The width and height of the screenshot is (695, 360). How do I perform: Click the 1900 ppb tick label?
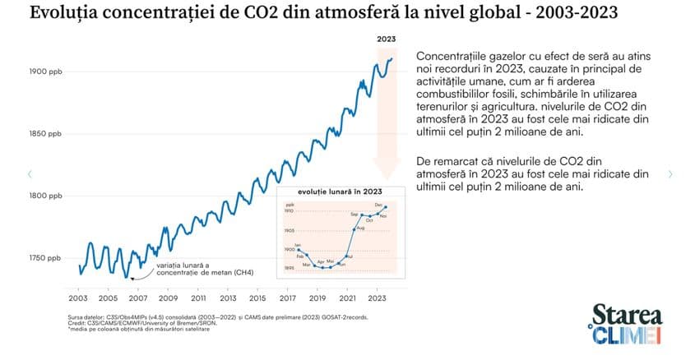pyautogui.click(x=46, y=72)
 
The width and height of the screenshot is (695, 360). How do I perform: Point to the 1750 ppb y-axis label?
pyautogui.click(x=46, y=258)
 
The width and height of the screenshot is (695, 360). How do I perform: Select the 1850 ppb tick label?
pyautogui.click(x=46, y=133)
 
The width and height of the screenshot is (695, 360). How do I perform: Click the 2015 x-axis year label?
pyautogui.click(x=257, y=298)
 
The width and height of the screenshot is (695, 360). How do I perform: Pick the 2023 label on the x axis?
pyautogui.click(x=378, y=298)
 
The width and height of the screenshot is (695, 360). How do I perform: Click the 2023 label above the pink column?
pyautogui.click(x=387, y=39)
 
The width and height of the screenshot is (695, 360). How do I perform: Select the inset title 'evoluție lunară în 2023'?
pyautogui.click(x=334, y=191)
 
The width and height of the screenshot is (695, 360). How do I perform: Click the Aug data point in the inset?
pyautogui.click(x=354, y=229)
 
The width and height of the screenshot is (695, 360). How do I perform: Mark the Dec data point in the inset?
pyautogui.click(x=386, y=207)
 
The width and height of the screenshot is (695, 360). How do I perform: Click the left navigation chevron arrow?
pyautogui.click(x=30, y=174)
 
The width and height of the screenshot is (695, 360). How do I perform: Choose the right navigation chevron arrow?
pyautogui.click(x=670, y=174)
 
